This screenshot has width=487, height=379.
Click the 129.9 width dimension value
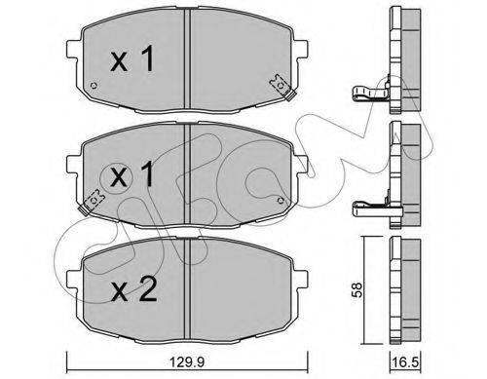pyautogui.click(x=187, y=361)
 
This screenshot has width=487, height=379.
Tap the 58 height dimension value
pyautogui.click(x=357, y=290)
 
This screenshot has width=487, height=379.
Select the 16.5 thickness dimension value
pyautogui.click(x=405, y=361)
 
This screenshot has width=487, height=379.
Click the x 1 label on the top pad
pyautogui.click(x=131, y=58)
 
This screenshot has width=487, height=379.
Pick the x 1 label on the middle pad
pyautogui.click(x=131, y=174)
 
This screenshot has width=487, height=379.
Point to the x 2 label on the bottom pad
pyautogui.click(x=133, y=290)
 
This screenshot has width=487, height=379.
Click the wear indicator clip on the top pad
pyautogui.click(x=282, y=87)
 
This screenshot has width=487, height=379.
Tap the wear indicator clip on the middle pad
pyautogui.click(x=92, y=202)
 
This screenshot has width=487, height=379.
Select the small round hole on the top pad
pyautogui.click(x=94, y=86)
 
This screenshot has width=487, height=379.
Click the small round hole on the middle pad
pyautogui.click(x=281, y=201)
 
